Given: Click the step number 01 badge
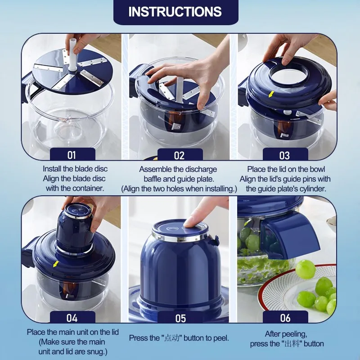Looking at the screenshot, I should pyautogui.click(x=72, y=155).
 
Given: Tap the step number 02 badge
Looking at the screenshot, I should pyautogui.click(x=179, y=155).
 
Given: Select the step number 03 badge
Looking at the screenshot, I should pyautogui.click(x=284, y=155).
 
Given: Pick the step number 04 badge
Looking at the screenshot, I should pyautogui.click(x=72, y=318).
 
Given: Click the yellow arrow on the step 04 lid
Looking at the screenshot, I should pyautogui.click(x=55, y=264).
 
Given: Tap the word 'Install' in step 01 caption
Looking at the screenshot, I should pyautogui.click(x=53, y=169).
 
